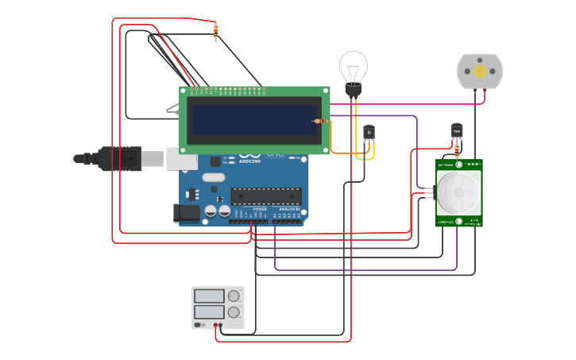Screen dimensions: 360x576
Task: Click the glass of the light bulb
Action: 354,66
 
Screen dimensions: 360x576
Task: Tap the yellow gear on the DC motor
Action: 480,72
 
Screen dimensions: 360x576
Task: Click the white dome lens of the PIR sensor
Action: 458,191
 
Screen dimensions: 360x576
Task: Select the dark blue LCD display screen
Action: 253,120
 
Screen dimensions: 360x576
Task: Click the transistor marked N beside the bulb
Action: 369,133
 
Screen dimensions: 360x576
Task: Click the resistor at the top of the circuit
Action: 215,32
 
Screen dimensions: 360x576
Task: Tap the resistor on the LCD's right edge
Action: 321,121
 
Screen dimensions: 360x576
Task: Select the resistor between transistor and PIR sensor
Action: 457,149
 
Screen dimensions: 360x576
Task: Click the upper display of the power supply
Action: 209,296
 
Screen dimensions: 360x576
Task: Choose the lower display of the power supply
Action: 209,312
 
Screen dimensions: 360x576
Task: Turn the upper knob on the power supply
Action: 234,296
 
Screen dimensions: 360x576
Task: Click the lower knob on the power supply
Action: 234,312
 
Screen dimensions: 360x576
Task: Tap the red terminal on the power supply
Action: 215,325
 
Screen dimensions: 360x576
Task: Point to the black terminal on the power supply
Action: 221,325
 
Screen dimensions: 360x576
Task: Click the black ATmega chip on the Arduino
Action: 265,195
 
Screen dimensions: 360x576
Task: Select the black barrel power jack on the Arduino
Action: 187,212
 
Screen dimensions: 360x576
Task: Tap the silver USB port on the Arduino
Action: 181,159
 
